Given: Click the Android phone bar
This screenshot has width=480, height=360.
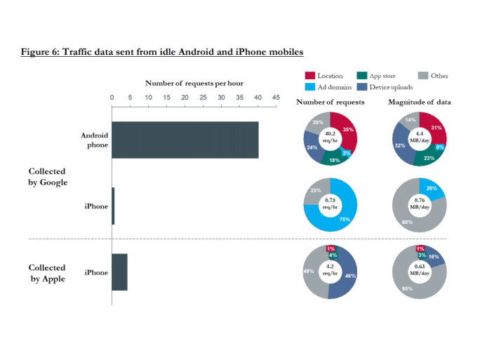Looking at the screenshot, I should pyautogui.click(x=185, y=140).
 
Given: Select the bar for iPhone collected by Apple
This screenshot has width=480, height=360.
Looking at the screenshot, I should pyautogui.click(x=119, y=272).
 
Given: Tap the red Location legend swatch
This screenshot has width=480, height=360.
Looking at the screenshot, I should pyautogui.click(x=309, y=76).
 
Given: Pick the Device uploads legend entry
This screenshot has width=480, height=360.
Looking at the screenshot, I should pyautogui.click(x=384, y=87).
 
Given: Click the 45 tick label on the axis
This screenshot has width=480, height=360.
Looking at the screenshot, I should pyautogui.click(x=276, y=97).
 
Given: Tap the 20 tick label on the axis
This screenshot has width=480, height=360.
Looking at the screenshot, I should pyautogui.click(x=185, y=97).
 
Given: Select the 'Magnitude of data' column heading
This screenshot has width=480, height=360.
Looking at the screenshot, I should pyautogui.click(x=420, y=102).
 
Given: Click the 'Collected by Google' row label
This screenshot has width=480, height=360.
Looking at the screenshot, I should pyautogui.click(x=48, y=177).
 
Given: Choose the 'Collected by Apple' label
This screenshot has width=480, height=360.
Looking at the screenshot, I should pyautogui.click(x=48, y=273).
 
